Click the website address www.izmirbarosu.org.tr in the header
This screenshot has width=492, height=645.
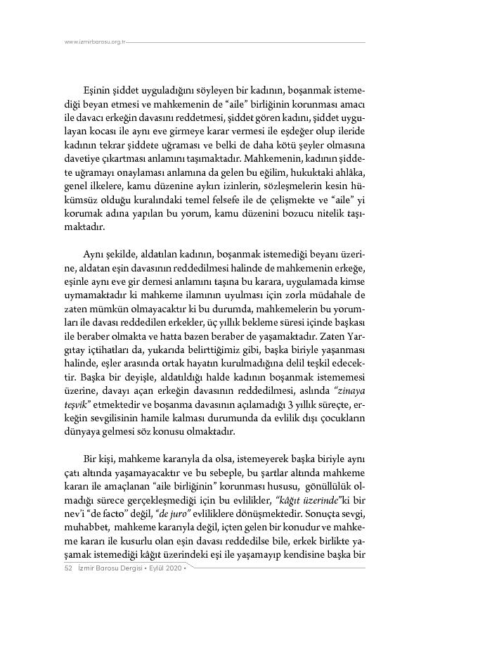[x=95, y=42]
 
